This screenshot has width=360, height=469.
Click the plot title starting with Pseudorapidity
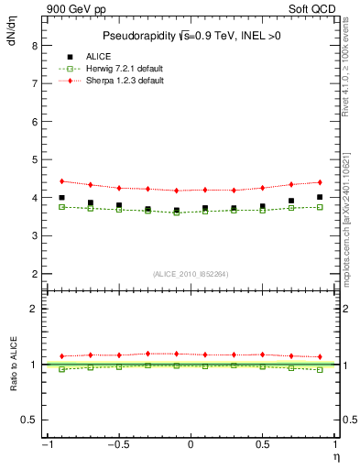(191, 36)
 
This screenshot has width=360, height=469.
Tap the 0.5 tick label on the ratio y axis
(29, 420)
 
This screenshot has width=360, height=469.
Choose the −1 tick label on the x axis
(44, 444)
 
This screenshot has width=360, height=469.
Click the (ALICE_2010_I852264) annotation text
(191, 274)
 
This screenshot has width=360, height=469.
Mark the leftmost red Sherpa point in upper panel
(61, 181)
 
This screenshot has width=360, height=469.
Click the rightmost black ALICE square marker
(320, 197)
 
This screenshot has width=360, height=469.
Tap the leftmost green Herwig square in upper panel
(61, 207)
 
